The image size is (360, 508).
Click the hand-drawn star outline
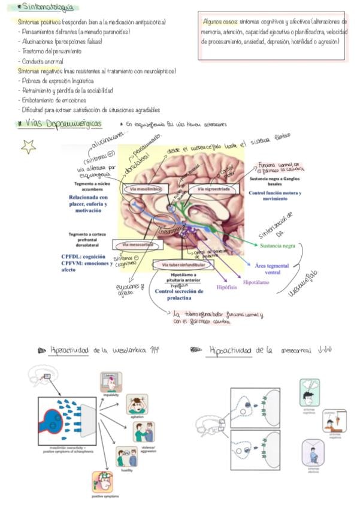click(28, 146)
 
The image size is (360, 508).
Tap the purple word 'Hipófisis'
click(228, 288)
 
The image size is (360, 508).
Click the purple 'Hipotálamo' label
click(257, 280)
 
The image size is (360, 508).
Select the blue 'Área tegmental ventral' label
click(276, 269)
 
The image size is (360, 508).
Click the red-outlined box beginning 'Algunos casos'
click(274, 37)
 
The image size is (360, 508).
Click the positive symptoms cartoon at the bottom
click(104, 482)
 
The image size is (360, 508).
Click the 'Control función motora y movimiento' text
click(276, 195)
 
